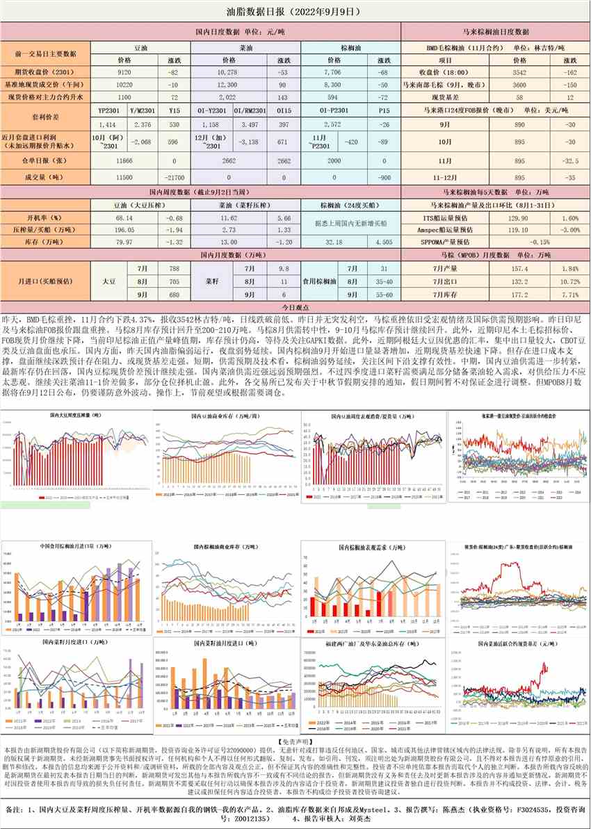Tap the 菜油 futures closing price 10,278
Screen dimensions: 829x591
point(228,72)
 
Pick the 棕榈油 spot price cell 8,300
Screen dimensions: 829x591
point(332,83)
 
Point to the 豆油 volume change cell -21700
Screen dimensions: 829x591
point(175,177)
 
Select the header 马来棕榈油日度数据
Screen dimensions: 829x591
point(495,32)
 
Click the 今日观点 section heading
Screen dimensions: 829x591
point(295,306)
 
